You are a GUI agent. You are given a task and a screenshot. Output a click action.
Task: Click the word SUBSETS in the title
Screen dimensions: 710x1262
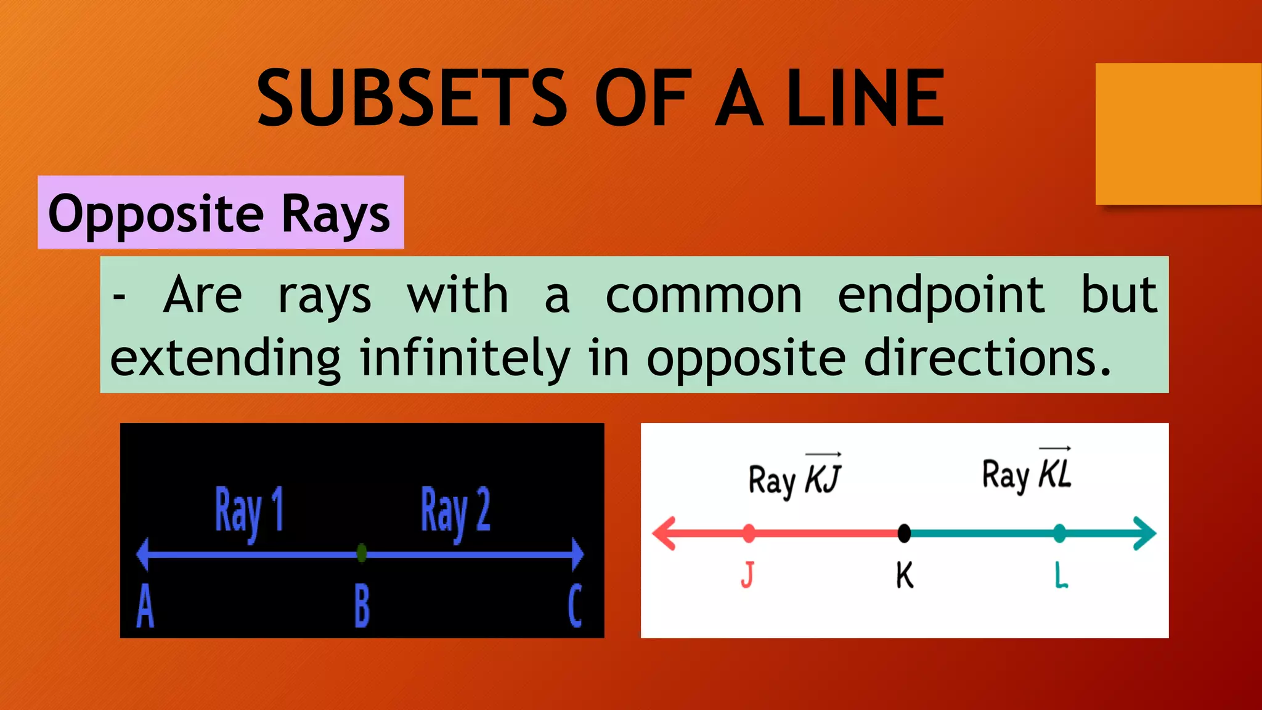(x=412, y=99)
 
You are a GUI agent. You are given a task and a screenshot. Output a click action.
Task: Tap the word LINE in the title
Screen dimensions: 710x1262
(x=865, y=99)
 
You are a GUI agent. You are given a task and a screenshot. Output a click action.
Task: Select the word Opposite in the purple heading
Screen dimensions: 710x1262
(x=156, y=214)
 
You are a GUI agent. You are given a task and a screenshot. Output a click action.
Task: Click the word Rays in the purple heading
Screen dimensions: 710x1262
(x=336, y=214)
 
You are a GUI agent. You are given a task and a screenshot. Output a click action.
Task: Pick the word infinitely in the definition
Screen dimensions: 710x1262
(x=465, y=358)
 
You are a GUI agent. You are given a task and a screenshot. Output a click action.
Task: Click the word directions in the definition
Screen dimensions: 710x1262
(x=987, y=358)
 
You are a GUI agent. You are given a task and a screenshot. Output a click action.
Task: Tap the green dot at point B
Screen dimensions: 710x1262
(x=362, y=553)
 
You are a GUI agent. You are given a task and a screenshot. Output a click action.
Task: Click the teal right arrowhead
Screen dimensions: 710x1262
(x=1144, y=533)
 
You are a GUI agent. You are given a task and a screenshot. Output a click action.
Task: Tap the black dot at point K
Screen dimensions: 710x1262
(x=904, y=533)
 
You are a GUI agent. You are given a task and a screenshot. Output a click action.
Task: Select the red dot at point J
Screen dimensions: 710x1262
(x=749, y=533)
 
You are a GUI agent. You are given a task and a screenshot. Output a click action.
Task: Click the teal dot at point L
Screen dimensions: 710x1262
(x=1059, y=533)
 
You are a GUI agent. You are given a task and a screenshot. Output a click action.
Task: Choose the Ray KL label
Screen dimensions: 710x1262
(x=1027, y=473)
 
